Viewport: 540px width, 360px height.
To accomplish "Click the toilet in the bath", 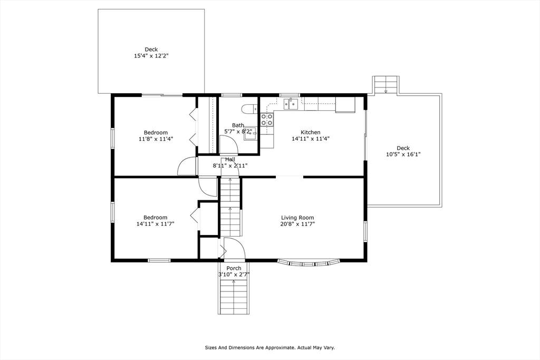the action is click(250, 109).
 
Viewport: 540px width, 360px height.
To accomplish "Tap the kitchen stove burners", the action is click(267, 120).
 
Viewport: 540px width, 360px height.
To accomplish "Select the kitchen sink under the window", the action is click(291, 104).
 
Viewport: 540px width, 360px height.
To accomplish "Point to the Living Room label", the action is click(297, 218).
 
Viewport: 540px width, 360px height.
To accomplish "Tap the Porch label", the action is click(234, 268).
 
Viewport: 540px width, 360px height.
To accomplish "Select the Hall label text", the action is click(230, 159).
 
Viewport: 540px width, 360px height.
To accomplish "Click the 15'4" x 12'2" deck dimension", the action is click(151, 56).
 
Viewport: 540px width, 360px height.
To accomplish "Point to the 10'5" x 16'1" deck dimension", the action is click(403, 154).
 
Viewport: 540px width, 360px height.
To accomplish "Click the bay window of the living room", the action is click(309, 263).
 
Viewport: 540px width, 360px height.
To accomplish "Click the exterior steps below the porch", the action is click(234, 297).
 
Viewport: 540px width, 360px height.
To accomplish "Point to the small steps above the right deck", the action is click(386, 84).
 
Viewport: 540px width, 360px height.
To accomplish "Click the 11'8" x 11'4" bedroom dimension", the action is click(156, 139).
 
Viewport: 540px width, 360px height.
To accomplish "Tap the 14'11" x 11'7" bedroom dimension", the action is click(156, 223).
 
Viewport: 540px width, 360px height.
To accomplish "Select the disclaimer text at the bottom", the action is click(270, 347).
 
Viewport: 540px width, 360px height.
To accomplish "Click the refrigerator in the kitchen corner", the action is click(345, 105).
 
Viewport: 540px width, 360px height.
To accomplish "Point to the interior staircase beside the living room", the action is click(230, 207).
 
